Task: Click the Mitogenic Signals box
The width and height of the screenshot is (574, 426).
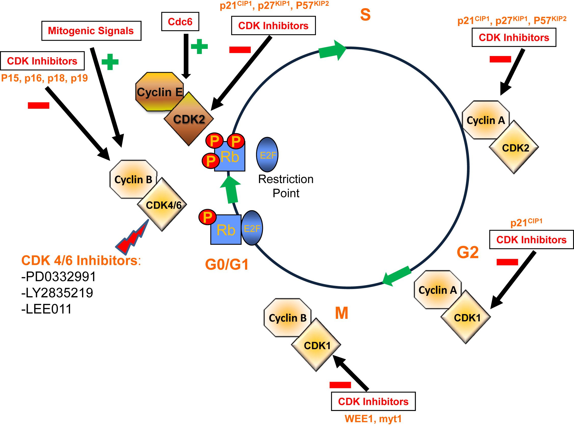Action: pos(91,31)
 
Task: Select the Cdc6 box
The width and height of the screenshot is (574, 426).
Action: pos(180,22)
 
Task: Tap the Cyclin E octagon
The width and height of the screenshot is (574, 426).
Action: pos(159,92)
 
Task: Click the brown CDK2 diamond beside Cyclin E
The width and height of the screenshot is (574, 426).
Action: pos(189,119)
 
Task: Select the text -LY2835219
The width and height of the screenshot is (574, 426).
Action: pos(57,293)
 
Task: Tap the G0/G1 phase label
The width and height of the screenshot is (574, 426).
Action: pos(227,265)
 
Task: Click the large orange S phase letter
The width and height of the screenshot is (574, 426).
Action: pos(365,15)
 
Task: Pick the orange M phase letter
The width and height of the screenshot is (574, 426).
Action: pos(341,313)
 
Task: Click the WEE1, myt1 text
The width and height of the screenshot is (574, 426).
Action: pos(373,419)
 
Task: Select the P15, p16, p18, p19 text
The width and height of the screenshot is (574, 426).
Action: pos(44,78)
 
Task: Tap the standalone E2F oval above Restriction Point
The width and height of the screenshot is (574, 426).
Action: pos(267,155)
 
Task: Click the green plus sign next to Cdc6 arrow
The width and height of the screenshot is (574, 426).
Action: pos(199,46)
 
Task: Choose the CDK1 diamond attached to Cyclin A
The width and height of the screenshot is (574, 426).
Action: pos(466,318)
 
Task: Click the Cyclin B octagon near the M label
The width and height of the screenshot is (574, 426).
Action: pos(287,318)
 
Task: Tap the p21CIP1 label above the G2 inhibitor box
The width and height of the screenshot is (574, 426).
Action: pos(526,223)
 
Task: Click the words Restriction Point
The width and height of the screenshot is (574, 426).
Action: pos(286,186)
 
